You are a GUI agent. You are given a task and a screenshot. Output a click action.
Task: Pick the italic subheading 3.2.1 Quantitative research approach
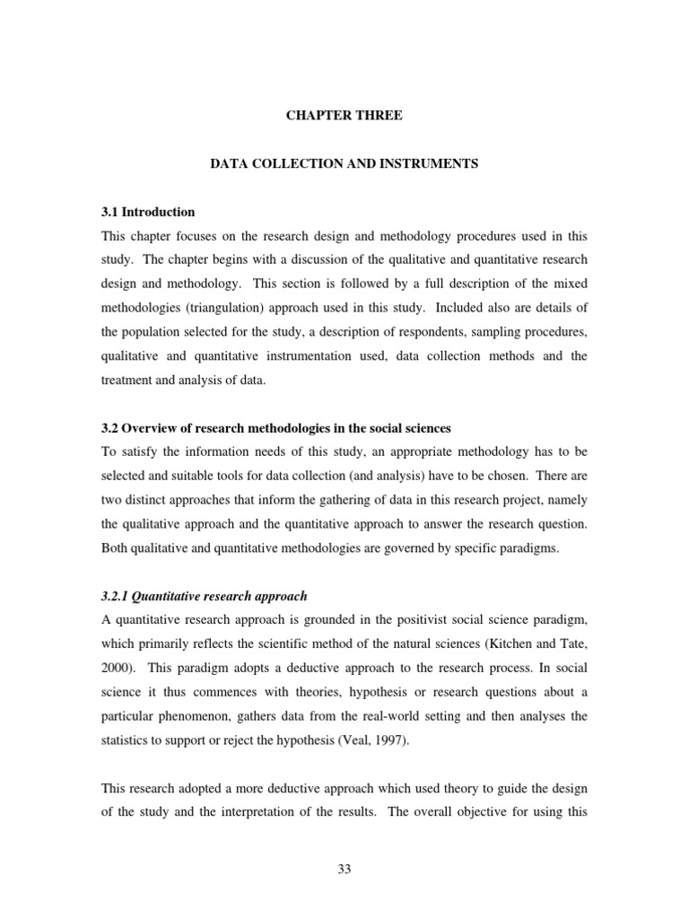(204, 571)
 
